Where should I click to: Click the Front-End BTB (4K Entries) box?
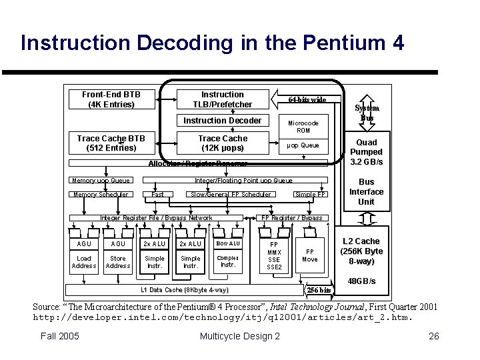click(x=111, y=99)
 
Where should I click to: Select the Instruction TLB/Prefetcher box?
click(x=223, y=99)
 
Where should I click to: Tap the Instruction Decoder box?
click(x=223, y=121)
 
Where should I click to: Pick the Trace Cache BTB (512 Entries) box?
click(x=111, y=143)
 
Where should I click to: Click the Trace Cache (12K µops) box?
click(x=223, y=143)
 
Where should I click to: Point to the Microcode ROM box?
click(x=303, y=127)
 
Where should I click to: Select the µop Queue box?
click(x=303, y=145)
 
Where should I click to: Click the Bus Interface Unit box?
click(x=367, y=191)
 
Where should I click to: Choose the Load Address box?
click(x=84, y=262)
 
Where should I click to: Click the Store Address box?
click(x=118, y=262)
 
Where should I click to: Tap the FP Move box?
click(x=310, y=255)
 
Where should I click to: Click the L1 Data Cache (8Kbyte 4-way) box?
click(x=185, y=290)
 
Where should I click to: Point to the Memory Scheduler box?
click(x=100, y=195)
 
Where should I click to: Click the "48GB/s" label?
click(x=362, y=282)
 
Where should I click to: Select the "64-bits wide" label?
click(x=307, y=99)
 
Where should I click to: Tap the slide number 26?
click(x=433, y=335)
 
